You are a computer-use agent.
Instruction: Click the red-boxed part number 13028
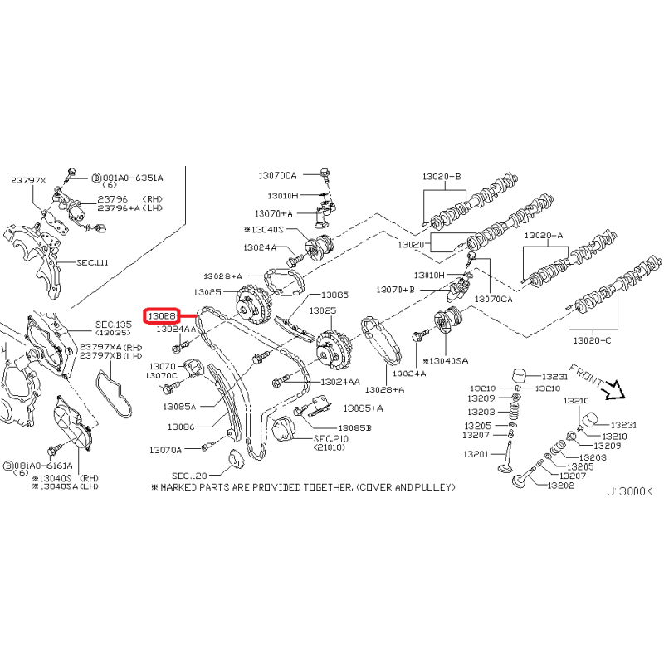coord(160,316)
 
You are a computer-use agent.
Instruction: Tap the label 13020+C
coord(591,340)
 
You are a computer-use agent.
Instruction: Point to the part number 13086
coord(181,427)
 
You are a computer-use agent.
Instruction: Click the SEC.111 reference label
coord(92,262)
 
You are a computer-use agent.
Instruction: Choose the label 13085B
coord(355,427)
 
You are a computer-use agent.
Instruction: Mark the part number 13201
coord(476,454)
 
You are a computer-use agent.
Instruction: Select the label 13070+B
coord(396,290)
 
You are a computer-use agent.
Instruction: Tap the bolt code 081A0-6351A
coord(133,178)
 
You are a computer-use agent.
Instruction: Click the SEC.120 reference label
coord(189,476)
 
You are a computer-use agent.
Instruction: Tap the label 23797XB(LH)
coord(111,355)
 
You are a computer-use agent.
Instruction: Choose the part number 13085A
coord(179,407)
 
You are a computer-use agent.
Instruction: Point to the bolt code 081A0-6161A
coord(39,467)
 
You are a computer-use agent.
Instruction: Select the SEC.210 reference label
coord(331,438)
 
